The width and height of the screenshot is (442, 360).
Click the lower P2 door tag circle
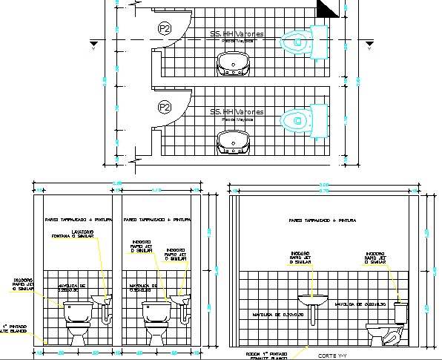click(x=164, y=108)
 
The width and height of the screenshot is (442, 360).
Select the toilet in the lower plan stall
click(x=299, y=120)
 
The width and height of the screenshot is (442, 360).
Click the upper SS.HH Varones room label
click(x=237, y=33)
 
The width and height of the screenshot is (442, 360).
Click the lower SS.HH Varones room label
click(x=237, y=112)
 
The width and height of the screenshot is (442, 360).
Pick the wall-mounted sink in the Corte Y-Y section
click(x=313, y=301)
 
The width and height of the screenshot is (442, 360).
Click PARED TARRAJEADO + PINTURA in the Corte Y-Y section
click(x=323, y=220)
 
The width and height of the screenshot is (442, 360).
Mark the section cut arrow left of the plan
click(x=93, y=46)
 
